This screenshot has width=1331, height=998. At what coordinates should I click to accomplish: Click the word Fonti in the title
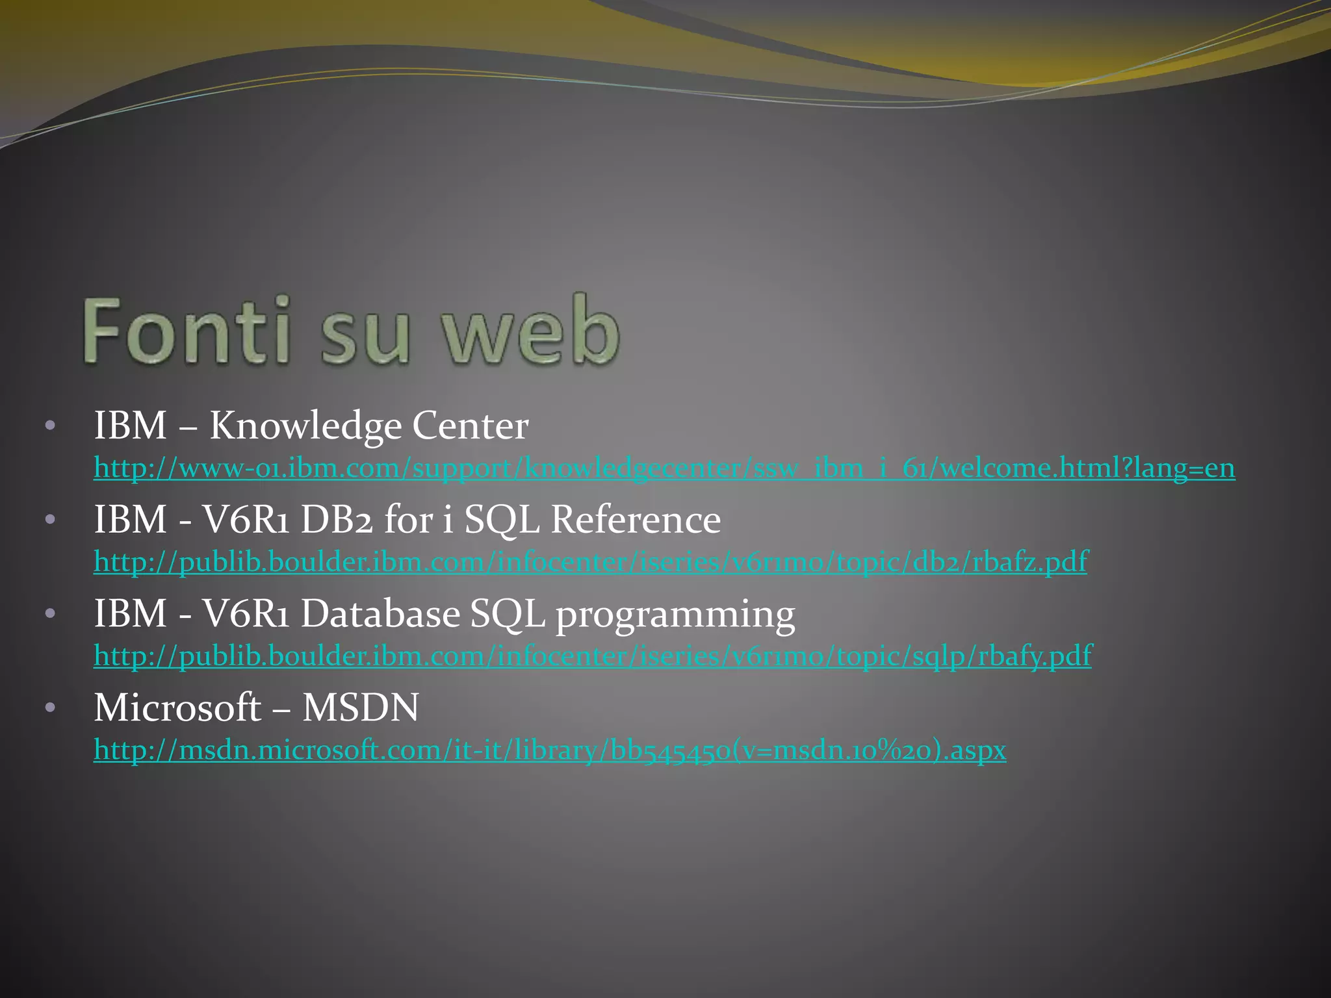coord(186,330)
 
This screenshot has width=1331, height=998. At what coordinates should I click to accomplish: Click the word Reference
coord(636,520)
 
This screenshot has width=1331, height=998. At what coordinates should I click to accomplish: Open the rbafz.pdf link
coord(590,562)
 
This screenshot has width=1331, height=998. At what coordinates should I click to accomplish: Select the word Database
coord(380,614)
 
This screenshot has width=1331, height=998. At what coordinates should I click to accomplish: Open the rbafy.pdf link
coord(593,656)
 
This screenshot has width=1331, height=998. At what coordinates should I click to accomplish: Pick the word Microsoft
coord(177,708)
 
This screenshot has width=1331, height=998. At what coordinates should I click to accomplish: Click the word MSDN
coord(361,708)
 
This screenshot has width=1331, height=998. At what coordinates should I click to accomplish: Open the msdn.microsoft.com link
coord(550,750)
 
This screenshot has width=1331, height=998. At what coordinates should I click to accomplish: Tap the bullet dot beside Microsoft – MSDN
coord(51,708)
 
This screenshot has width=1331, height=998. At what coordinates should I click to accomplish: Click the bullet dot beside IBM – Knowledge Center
coord(51,428)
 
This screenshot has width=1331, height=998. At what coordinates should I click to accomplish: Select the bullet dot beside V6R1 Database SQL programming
coord(51,615)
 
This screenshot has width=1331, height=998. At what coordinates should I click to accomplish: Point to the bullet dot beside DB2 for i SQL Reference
coord(51,521)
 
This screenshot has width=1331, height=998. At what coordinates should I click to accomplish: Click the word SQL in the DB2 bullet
coord(502,521)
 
